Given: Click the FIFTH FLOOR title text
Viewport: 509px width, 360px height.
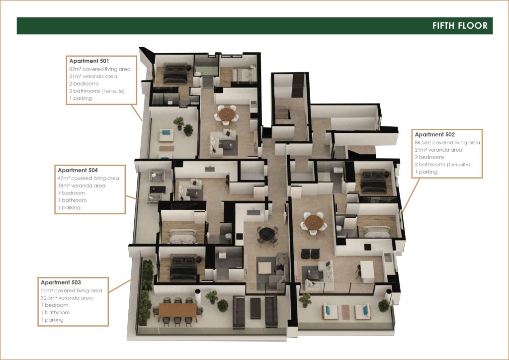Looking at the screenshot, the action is [x=460, y=26].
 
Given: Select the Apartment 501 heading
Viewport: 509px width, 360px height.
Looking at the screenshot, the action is [x=89, y=61].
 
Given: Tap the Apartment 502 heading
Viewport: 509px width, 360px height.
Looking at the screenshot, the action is [x=434, y=134].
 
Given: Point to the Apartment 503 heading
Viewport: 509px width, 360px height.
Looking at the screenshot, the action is [x=61, y=282].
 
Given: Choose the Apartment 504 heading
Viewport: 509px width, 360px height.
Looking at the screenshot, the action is [x=78, y=170].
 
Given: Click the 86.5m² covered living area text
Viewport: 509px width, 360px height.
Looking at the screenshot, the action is [x=447, y=143].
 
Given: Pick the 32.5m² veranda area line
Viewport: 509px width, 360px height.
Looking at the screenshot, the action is [x=67, y=298].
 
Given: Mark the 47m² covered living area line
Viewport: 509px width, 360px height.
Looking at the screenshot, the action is [x=88, y=178].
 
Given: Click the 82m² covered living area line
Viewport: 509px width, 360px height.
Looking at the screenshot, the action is [x=99, y=69].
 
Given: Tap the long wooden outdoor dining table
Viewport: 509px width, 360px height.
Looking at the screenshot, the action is [x=177, y=310].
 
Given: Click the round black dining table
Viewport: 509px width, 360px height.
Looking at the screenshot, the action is [x=267, y=234].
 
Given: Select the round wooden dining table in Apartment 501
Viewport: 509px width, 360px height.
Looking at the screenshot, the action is [x=227, y=114].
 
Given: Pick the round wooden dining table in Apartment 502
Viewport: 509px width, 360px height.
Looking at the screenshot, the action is [x=314, y=222].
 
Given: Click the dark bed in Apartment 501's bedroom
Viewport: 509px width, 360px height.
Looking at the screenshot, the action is [x=175, y=73].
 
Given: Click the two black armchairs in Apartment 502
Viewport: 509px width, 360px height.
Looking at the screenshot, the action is [x=310, y=254].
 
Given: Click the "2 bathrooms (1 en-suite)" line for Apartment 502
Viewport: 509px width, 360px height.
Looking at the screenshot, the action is [x=442, y=165].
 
